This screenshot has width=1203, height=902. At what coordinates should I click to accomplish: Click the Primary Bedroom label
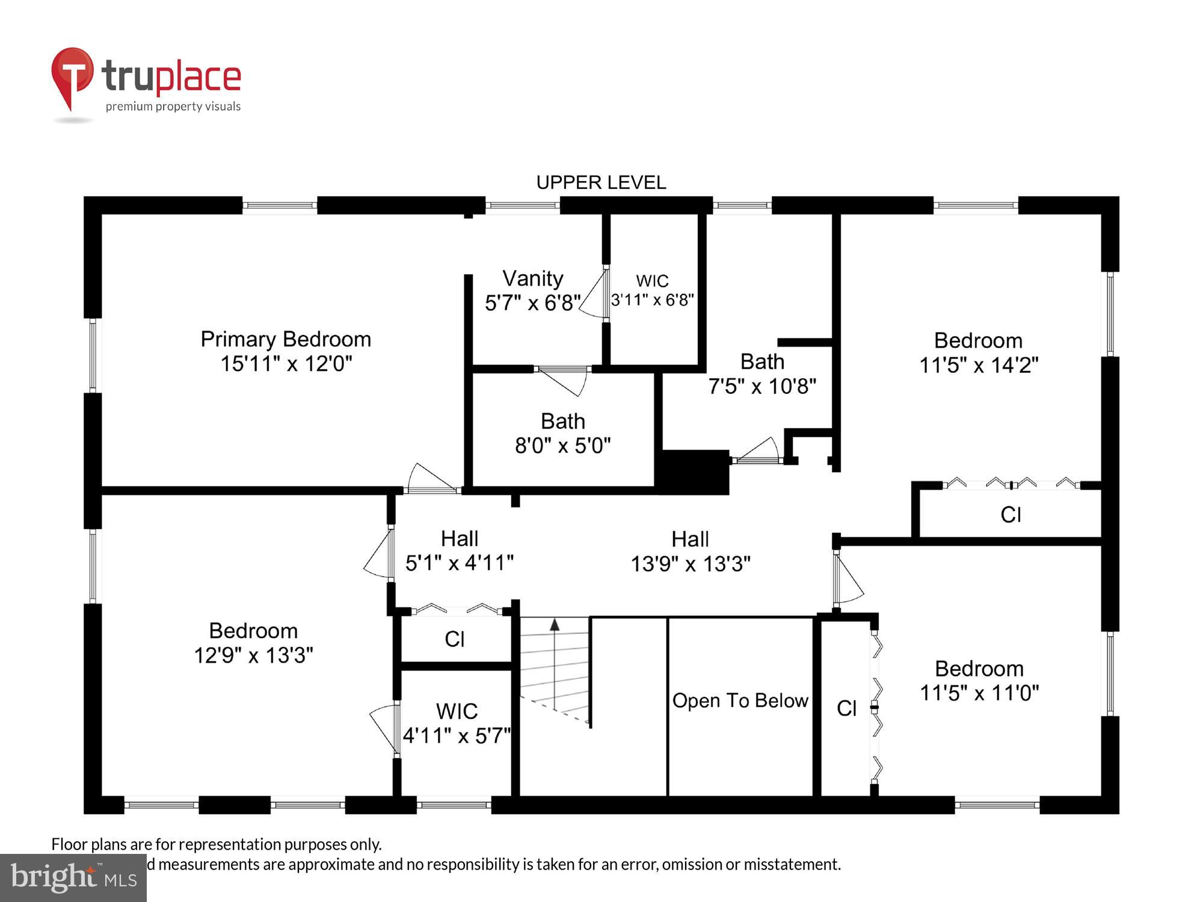click(286, 339)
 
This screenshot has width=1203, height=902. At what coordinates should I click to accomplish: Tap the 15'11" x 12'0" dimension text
click(286, 364)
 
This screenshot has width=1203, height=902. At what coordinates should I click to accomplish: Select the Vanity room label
click(533, 278)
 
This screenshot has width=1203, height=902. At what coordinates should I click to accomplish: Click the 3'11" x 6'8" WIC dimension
click(653, 299)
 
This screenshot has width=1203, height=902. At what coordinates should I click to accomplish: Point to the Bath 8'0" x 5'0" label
click(563, 434)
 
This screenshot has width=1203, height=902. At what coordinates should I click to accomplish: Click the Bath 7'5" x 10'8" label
click(762, 373)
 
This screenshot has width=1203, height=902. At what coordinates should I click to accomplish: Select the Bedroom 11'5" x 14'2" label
click(979, 353)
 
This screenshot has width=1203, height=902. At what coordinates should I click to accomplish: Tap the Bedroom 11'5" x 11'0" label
click(979, 681)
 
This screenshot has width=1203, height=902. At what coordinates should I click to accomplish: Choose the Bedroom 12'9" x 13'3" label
click(253, 643)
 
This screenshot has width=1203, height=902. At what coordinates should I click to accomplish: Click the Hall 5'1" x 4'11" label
click(460, 551)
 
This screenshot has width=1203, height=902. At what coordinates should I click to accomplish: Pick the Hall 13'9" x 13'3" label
click(691, 551)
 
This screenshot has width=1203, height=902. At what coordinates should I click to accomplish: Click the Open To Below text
click(740, 701)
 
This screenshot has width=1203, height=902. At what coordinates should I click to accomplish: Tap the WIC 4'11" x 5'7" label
click(457, 723)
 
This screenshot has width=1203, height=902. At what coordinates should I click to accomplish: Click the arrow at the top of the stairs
click(555, 625)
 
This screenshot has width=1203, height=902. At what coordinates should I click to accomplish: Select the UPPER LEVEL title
click(601, 182)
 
